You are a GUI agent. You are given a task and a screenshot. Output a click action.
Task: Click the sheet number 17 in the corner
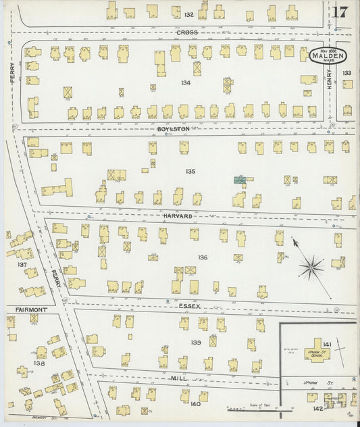point(340,11)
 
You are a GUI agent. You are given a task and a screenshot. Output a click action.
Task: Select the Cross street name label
point(187,32)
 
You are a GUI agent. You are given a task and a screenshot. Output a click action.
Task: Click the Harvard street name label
point(178,216)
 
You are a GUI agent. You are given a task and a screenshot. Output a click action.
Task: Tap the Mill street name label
point(178,378)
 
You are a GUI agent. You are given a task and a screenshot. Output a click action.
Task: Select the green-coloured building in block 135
point(239,180)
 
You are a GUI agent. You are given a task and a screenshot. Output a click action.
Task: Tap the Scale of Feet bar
point(253,408)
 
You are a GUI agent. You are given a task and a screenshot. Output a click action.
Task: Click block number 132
point(188,14)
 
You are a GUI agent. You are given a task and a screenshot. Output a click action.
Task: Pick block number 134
point(186,82)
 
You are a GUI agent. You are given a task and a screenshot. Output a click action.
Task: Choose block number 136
point(202,257)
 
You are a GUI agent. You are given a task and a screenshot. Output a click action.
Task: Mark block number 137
point(22,265)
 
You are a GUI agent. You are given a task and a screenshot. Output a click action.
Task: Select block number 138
point(39,363)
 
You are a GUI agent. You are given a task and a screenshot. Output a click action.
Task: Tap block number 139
point(196,343)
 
